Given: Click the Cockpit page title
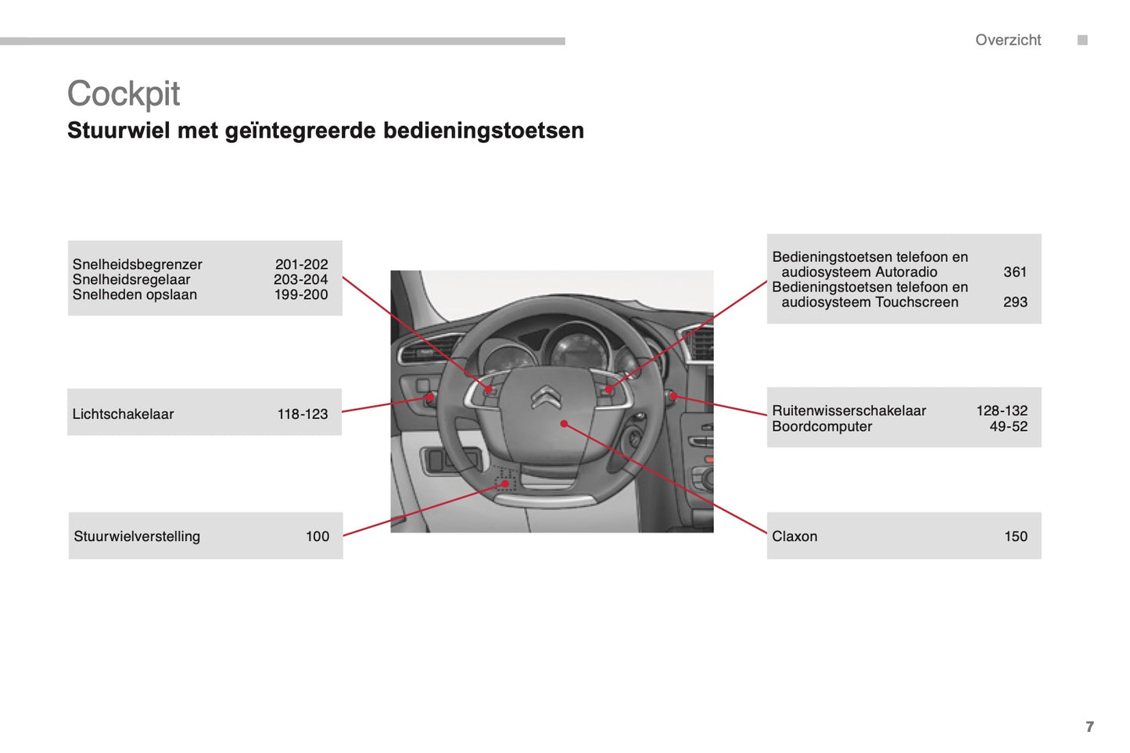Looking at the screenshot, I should [x=124, y=94].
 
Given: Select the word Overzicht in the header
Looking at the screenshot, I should [x=1007, y=40].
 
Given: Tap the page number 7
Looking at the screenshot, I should [x=1089, y=726].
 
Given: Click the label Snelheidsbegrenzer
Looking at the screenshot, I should [x=137, y=264].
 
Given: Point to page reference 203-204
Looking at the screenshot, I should [x=300, y=279].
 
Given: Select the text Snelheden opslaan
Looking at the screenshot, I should [x=135, y=295].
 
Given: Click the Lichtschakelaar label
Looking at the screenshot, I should [x=123, y=414].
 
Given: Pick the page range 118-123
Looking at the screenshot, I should [x=303, y=414].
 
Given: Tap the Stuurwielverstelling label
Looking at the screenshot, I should [x=137, y=536].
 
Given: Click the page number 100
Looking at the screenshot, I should [x=317, y=536].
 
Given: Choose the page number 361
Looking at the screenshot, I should [x=1014, y=272].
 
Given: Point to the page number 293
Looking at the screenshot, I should [x=1014, y=302].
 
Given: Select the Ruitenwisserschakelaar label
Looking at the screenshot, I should [x=848, y=411].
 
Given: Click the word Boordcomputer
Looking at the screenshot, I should [x=821, y=426].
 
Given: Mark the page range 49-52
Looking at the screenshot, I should [x=1008, y=426].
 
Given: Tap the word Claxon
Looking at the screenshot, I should [x=794, y=536].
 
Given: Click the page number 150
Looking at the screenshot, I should [x=1015, y=536].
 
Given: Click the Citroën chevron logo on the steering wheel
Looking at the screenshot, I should [x=546, y=397].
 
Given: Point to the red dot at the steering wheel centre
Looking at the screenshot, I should [x=564, y=424].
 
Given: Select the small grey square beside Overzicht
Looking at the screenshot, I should [x=1082, y=40].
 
